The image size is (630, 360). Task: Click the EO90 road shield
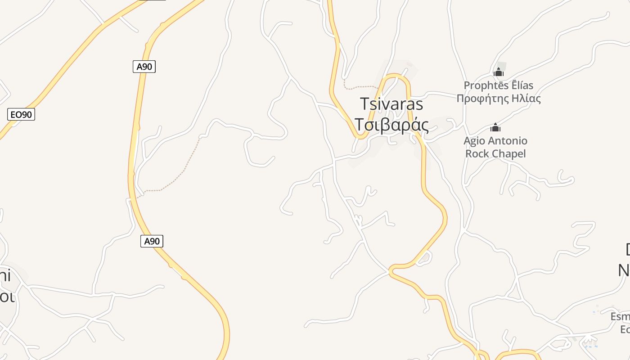click(x=21, y=114)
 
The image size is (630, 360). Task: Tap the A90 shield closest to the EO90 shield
click(x=144, y=67)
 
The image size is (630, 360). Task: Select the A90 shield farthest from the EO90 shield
click(x=152, y=241)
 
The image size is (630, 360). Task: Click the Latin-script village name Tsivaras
click(x=391, y=104)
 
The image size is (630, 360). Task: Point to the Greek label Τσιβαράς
click(x=391, y=125)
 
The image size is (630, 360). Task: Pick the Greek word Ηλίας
click(x=525, y=99)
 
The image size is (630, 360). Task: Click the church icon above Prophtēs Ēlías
click(x=498, y=72)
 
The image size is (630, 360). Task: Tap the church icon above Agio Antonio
click(x=495, y=127)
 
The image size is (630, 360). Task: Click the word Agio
click(x=474, y=141)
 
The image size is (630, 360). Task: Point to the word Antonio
click(x=508, y=141)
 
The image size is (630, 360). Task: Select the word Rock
click(x=478, y=154)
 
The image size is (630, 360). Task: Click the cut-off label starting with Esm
click(x=620, y=317)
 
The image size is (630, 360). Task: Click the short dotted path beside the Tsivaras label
click(x=360, y=87)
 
